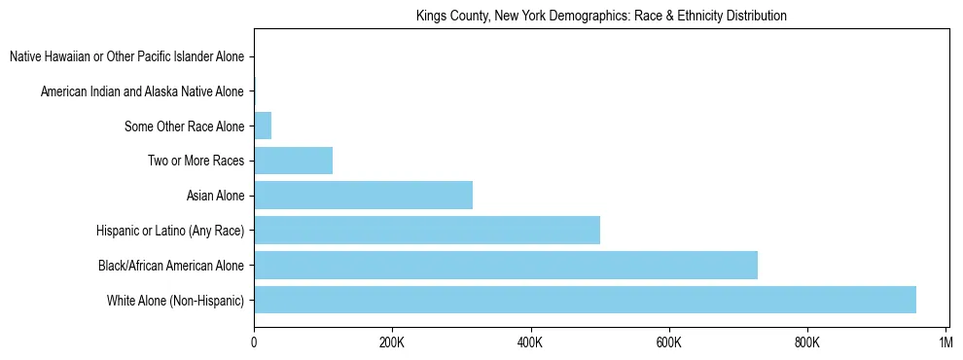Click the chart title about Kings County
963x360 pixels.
click(600, 16)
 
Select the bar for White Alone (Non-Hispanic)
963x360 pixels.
click(585, 300)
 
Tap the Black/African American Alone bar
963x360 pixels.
click(505, 265)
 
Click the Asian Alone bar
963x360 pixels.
click(363, 196)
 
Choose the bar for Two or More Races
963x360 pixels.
click(293, 161)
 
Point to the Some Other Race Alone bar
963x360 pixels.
click(263, 126)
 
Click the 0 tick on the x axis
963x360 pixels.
click(254, 342)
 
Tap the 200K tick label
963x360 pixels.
click(392, 342)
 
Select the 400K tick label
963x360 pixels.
click(530, 342)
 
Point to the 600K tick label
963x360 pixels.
click(669, 342)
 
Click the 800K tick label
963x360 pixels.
click(807, 342)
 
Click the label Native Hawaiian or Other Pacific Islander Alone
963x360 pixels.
click(126, 56)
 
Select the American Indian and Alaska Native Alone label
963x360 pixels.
click(142, 91)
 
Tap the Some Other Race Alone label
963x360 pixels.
click(184, 126)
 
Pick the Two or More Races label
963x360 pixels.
click(196, 161)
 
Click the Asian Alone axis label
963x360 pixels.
click(215, 196)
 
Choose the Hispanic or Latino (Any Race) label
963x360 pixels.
click(170, 231)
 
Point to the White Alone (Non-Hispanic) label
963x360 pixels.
click(175, 301)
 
